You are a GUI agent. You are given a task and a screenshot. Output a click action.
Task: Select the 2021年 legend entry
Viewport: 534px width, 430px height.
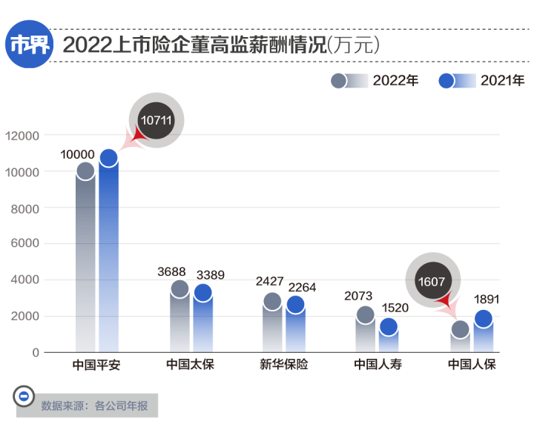click(x=481, y=81)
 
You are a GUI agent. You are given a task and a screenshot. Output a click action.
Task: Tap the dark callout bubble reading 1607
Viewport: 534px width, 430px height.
click(x=432, y=282)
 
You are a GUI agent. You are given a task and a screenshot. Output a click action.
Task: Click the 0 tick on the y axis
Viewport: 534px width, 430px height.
click(x=35, y=352)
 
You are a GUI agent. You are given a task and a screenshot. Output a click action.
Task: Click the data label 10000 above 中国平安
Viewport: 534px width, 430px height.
click(x=77, y=155)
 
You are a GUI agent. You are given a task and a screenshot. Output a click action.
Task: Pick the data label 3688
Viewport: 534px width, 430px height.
click(x=171, y=272)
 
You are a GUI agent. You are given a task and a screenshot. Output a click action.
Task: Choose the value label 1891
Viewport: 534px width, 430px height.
click(x=487, y=300)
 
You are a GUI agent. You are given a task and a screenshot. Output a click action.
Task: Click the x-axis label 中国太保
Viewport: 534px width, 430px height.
click(x=190, y=365)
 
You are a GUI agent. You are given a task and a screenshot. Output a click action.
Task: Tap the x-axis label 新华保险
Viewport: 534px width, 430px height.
click(x=283, y=365)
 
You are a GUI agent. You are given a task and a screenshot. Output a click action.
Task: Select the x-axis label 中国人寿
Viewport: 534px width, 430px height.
click(x=378, y=365)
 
